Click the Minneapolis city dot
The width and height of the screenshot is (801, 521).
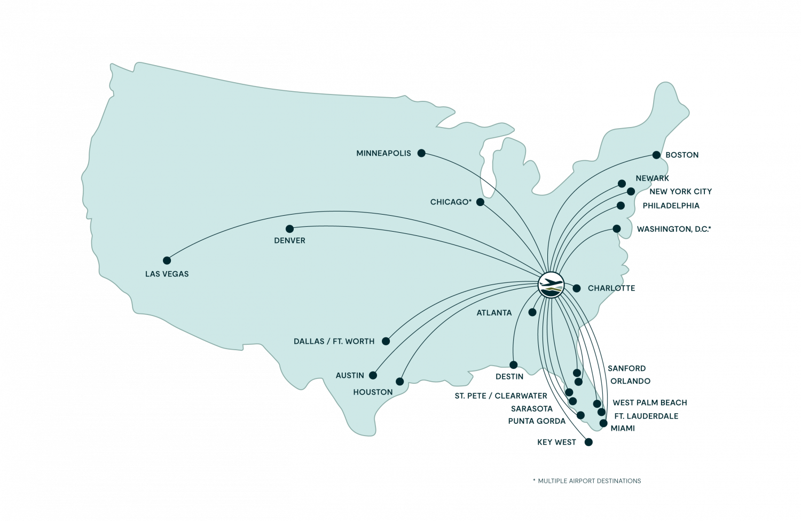tap(421, 153)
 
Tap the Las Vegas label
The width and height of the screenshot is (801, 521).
tap(167, 274)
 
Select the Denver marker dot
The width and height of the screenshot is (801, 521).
tap(289, 229)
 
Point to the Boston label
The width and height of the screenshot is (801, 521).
tap(682, 155)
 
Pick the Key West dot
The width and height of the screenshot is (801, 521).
tap(588, 442)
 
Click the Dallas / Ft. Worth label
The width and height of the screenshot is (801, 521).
tap(334, 341)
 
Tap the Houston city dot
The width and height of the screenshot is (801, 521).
tap(399, 382)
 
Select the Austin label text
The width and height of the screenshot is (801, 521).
tap(350, 375)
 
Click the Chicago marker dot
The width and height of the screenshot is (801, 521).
tap(480, 202)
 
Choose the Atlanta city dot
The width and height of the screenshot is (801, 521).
tap(532, 312)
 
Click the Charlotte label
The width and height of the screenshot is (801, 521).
tap(611, 288)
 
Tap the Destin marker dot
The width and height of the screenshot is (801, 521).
tap(513, 365)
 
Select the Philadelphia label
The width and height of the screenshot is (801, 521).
tap(671, 206)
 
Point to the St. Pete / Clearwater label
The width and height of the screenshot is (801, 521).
tap(500, 396)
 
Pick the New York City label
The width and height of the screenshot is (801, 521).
tap(680, 192)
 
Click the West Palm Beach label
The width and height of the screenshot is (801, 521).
tap(649, 402)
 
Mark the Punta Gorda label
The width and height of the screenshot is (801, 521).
tap(536, 421)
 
